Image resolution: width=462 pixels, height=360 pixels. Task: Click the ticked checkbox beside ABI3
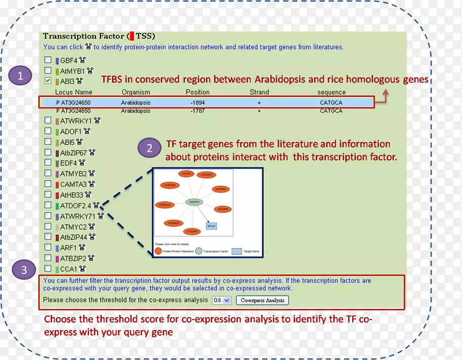[48, 81]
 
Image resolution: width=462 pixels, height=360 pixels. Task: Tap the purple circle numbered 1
[21, 76]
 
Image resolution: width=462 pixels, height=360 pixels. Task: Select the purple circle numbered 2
[150, 148]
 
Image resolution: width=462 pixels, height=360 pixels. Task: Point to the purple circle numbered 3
[23, 270]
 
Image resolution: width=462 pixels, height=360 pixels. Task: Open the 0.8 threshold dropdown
[222, 301]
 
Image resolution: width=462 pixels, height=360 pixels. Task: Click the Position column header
[198, 92]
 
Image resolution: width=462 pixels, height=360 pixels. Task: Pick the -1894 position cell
[198, 103]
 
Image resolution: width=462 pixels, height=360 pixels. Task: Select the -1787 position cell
[198, 111]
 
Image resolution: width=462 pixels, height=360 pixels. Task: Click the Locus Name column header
[74, 92]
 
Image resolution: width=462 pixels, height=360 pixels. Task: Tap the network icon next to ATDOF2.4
[96, 205]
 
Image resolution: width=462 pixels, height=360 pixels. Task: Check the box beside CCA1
[48, 269]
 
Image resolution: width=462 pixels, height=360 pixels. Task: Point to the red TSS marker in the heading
[131, 36]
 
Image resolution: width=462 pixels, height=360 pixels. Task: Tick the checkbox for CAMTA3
[48, 184]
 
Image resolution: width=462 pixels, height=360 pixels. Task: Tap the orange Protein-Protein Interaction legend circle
[158, 251]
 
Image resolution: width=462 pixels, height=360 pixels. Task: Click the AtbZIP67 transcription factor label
[74, 152]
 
